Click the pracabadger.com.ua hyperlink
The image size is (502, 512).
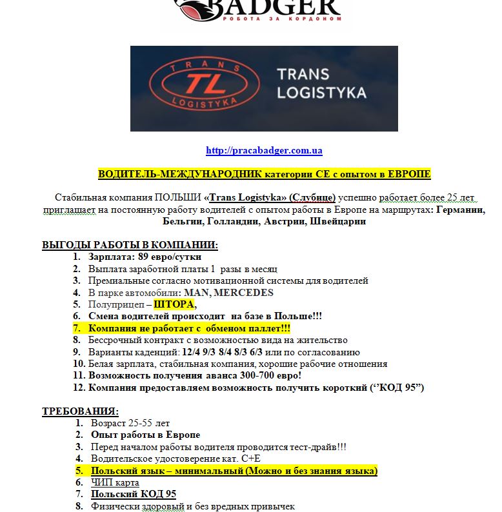pos(264,151)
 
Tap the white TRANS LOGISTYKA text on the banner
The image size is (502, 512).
pos(321,84)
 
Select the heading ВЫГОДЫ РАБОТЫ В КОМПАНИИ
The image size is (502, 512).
pos(130,245)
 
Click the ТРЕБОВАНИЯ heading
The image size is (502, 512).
pos(81,411)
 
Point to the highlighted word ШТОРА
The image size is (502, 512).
pos(174,304)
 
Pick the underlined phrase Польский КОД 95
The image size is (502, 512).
pos(133,495)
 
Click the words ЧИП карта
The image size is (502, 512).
pos(114,482)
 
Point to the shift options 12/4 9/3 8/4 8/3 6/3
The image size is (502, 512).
pos(221,352)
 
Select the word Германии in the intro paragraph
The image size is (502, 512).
pos(460,210)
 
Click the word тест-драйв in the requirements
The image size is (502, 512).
pos(294,447)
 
